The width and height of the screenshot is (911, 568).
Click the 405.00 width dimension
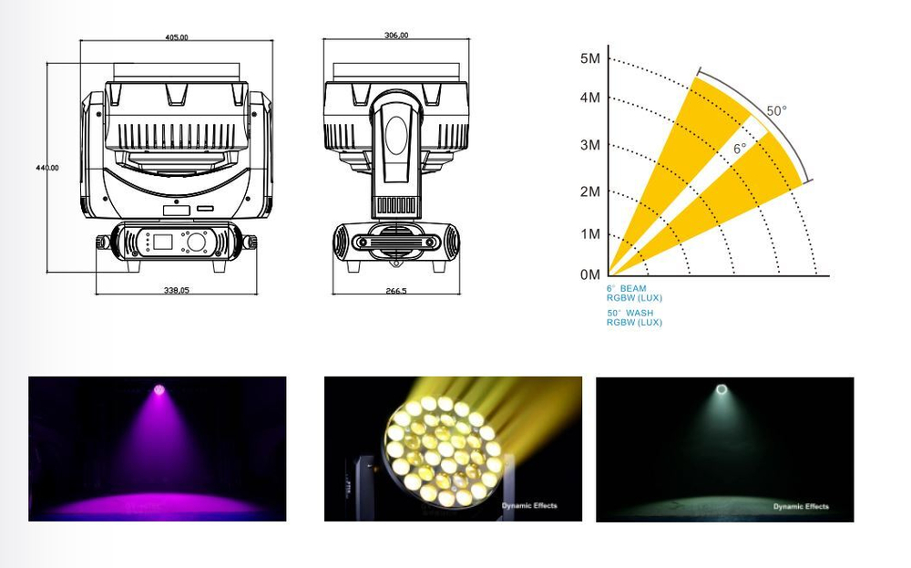(x=177, y=37)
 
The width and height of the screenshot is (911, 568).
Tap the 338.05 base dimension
(x=177, y=290)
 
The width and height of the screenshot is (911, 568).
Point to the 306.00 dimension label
(x=396, y=36)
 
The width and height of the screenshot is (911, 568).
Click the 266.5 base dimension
(x=396, y=291)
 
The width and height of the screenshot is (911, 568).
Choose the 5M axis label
(x=590, y=58)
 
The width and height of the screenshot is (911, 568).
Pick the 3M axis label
(x=590, y=145)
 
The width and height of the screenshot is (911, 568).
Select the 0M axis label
(x=590, y=274)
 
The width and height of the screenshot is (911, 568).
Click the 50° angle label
(x=776, y=111)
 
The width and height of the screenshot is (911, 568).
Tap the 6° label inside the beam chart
(x=740, y=148)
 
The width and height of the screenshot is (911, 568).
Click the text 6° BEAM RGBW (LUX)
(x=634, y=293)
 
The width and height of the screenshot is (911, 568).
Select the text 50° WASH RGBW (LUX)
(x=634, y=317)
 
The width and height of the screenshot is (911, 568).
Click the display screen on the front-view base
(x=164, y=242)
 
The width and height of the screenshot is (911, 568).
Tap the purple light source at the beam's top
(x=159, y=389)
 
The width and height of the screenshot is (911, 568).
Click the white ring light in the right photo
(x=722, y=390)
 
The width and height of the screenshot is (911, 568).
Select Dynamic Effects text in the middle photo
(x=529, y=505)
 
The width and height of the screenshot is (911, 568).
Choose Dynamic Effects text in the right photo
(x=801, y=506)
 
